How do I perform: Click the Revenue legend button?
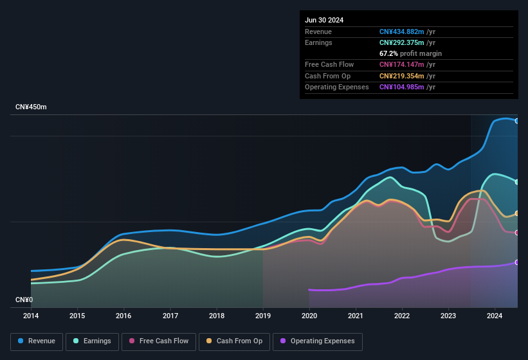37,341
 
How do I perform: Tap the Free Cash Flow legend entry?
159,341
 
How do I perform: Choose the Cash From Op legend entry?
234,341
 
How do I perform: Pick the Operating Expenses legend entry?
317,341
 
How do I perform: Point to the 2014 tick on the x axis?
31,316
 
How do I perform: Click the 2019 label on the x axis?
263,316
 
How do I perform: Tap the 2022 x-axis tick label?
402,316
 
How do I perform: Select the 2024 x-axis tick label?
495,316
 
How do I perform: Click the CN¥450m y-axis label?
32,107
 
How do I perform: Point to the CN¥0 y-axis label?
24,300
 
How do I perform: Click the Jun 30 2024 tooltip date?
324,20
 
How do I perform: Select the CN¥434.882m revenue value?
401,32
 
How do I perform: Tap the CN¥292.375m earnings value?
401,42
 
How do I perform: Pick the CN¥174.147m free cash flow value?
401,64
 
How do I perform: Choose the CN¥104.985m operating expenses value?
401,87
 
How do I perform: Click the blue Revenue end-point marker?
517,121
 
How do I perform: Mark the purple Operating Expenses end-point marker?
517,262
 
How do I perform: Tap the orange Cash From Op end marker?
517,213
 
